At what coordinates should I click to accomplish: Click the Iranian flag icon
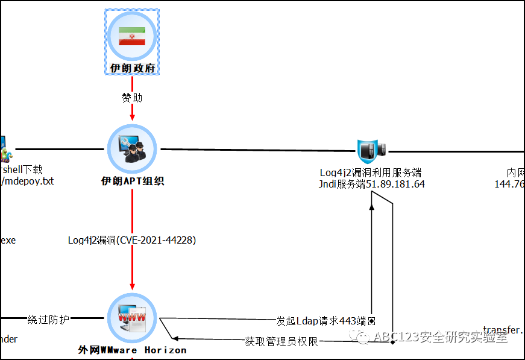point(132,36)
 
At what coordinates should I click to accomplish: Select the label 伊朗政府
point(132,68)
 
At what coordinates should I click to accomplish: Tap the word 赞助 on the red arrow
point(132,97)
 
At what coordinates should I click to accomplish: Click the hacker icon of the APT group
point(132,149)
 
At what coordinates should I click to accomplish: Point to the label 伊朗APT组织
point(132,181)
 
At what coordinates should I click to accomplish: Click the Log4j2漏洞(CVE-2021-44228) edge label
point(132,240)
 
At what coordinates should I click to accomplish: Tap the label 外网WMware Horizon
point(132,350)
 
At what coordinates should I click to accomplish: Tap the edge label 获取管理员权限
point(281,342)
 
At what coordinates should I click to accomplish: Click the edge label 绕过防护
point(48,318)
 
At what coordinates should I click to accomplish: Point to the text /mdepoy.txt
point(28,181)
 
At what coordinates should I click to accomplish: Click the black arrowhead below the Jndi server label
point(372,206)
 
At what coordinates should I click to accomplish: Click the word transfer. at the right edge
point(503,330)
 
